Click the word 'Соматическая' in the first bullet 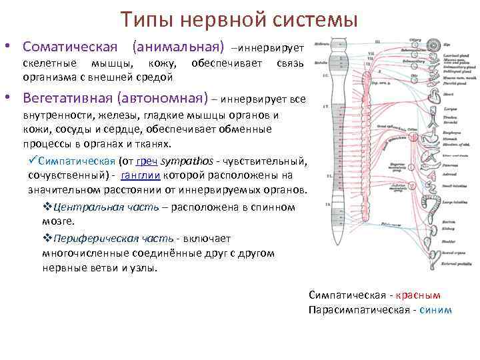[x=69, y=47]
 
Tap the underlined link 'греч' [x=146, y=161]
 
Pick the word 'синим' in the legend [x=436, y=309]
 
